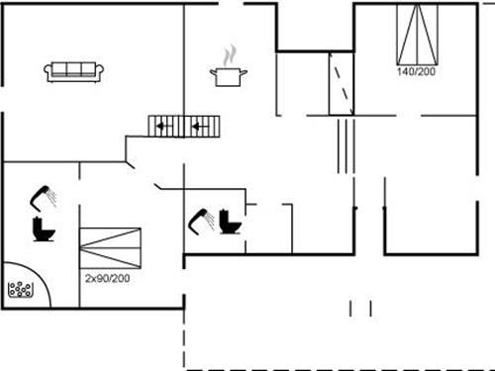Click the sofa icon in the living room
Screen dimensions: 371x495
coord(74,70)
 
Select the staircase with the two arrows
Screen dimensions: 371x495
coord(184,126)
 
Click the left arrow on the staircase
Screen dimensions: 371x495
coord(163,126)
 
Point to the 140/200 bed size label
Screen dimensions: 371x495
coord(416,72)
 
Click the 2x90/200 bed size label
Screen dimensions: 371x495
coord(108,279)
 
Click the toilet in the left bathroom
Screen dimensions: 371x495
coord(44,230)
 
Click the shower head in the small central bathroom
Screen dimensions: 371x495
coord(202,218)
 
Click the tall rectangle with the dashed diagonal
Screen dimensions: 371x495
coord(342,85)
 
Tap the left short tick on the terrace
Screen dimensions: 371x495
coord(350,309)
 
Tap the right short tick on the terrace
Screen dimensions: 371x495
coord(371,309)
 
